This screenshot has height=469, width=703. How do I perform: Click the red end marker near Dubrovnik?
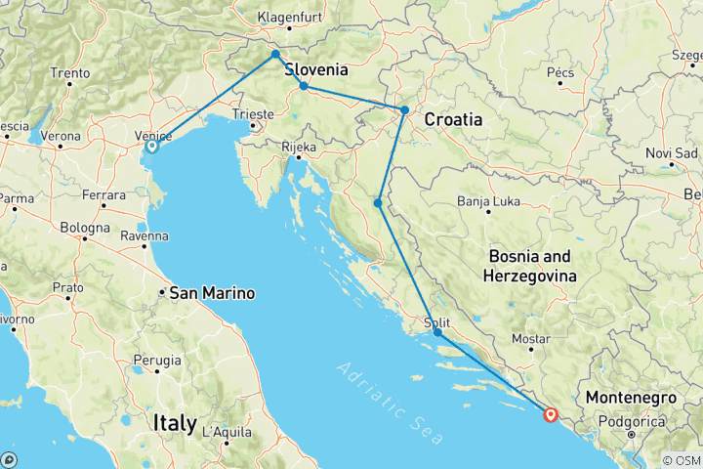coord(551,415)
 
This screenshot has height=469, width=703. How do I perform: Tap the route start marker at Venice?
coord(151,147)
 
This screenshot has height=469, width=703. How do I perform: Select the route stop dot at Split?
coord(437,332)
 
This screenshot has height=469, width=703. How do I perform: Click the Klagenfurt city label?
coord(289,17)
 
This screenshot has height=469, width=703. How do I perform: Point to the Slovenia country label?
coord(315,70)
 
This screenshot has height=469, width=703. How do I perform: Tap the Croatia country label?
coord(453,119)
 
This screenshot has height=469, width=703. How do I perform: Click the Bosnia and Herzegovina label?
coord(529,265)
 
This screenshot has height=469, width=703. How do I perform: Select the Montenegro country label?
coord(630,399)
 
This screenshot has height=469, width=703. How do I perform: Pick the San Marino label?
coord(212,292)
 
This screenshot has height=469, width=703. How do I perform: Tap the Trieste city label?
coord(252,114)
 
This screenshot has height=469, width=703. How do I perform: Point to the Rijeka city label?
coord(299,148)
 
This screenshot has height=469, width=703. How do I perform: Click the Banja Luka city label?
coord(488,202)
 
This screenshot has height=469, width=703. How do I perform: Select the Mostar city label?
coord(532,339)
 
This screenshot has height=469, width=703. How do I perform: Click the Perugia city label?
coord(157,361)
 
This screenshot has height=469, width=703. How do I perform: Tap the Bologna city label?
coord(84,228)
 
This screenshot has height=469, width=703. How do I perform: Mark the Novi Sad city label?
coord(672,153)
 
